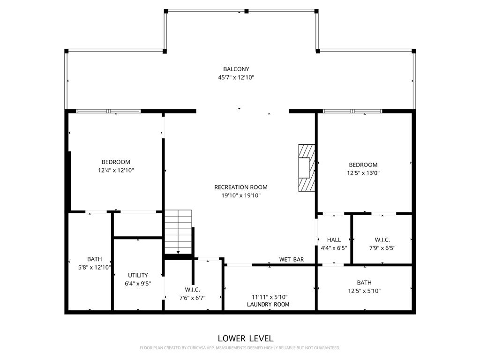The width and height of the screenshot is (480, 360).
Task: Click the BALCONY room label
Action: click(x=236, y=69)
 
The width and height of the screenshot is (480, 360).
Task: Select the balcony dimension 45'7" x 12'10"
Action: click(x=236, y=78)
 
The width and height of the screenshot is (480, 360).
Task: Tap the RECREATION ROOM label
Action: click(x=241, y=187)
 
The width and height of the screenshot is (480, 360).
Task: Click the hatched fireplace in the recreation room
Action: click(x=306, y=168)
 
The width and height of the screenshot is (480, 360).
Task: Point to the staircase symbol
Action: click(x=178, y=232)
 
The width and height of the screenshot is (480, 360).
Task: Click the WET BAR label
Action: click(x=292, y=259)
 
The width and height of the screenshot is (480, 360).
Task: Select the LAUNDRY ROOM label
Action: click(x=268, y=305)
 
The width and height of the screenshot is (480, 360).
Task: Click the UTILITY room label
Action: click(x=138, y=275)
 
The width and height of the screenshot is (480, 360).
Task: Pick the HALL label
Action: click(x=334, y=240)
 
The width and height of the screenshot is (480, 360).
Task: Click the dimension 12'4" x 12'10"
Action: click(x=116, y=171)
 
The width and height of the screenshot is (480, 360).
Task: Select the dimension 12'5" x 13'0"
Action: click(x=363, y=173)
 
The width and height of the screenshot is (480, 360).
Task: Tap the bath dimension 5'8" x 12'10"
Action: click(x=94, y=268)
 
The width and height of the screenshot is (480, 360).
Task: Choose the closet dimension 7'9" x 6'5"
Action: click(x=382, y=248)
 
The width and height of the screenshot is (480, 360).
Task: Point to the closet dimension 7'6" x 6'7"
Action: click(x=192, y=298)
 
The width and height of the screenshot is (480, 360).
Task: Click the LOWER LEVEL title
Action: click(x=246, y=338)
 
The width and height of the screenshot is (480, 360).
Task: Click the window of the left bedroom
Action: click(x=108, y=111)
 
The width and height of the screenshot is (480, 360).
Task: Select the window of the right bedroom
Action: click(x=352, y=111)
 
